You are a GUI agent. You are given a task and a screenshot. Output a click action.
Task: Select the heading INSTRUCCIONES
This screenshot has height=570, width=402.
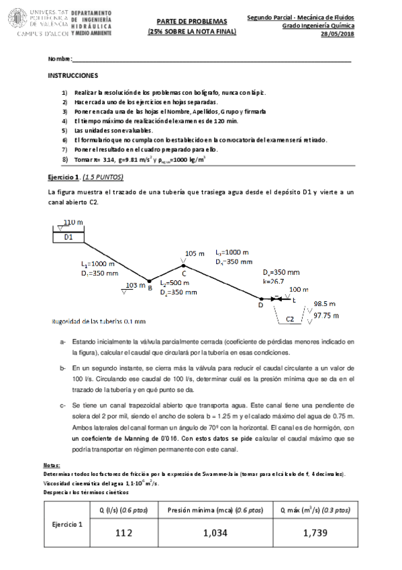point(73,76)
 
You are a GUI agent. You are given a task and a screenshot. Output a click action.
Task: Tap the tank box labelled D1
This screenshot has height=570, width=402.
point(69,237)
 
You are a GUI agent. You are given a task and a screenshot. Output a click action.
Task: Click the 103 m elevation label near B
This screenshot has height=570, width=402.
point(135,286)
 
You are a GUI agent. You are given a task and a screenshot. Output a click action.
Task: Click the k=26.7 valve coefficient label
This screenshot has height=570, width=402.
point(274,282)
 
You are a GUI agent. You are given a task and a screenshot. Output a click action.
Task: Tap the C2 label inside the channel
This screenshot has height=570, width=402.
point(291,319)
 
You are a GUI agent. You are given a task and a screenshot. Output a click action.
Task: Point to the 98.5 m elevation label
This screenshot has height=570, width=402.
point(325,304)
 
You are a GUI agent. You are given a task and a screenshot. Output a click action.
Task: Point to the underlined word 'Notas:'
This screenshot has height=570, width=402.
point(52,465)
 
